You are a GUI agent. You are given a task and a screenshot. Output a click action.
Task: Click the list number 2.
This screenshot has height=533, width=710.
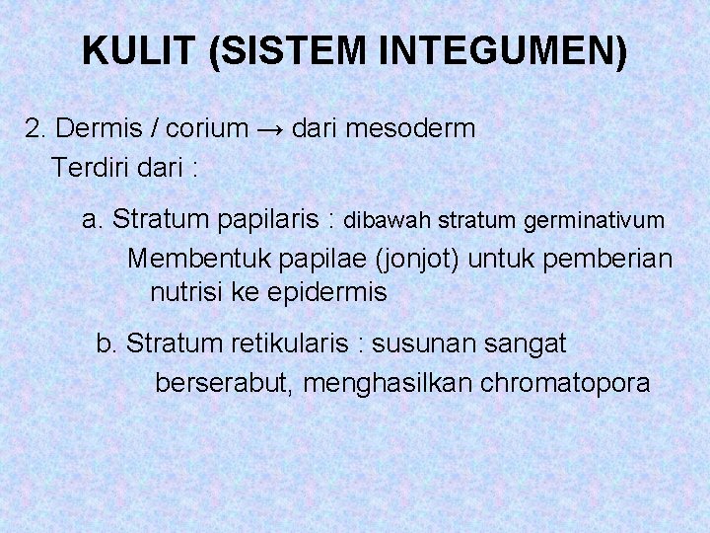coord(35,128)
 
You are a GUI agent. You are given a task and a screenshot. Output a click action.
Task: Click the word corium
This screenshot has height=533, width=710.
coord(207,128)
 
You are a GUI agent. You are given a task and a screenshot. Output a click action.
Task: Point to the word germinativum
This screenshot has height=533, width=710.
coord(594,220)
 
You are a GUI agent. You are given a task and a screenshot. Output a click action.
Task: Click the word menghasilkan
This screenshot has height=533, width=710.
coord(389,382)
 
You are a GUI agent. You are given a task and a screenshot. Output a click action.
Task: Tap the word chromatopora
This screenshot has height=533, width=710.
coord(565,382)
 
